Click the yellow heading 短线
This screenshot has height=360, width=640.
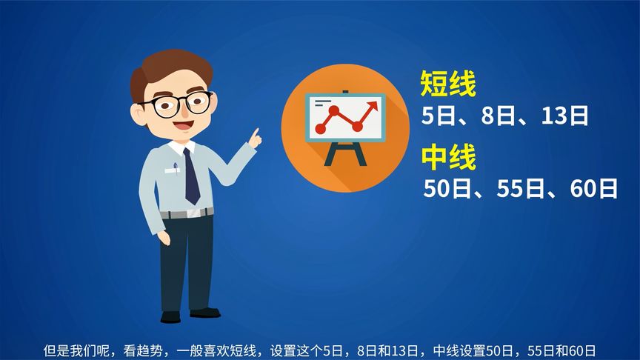click(x=447, y=84)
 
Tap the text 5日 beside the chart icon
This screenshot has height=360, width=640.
click(x=438, y=116)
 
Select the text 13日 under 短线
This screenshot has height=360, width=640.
click(x=564, y=116)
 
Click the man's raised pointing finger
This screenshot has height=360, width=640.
click(x=256, y=134)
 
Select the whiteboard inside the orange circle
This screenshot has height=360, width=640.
click(x=344, y=119)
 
